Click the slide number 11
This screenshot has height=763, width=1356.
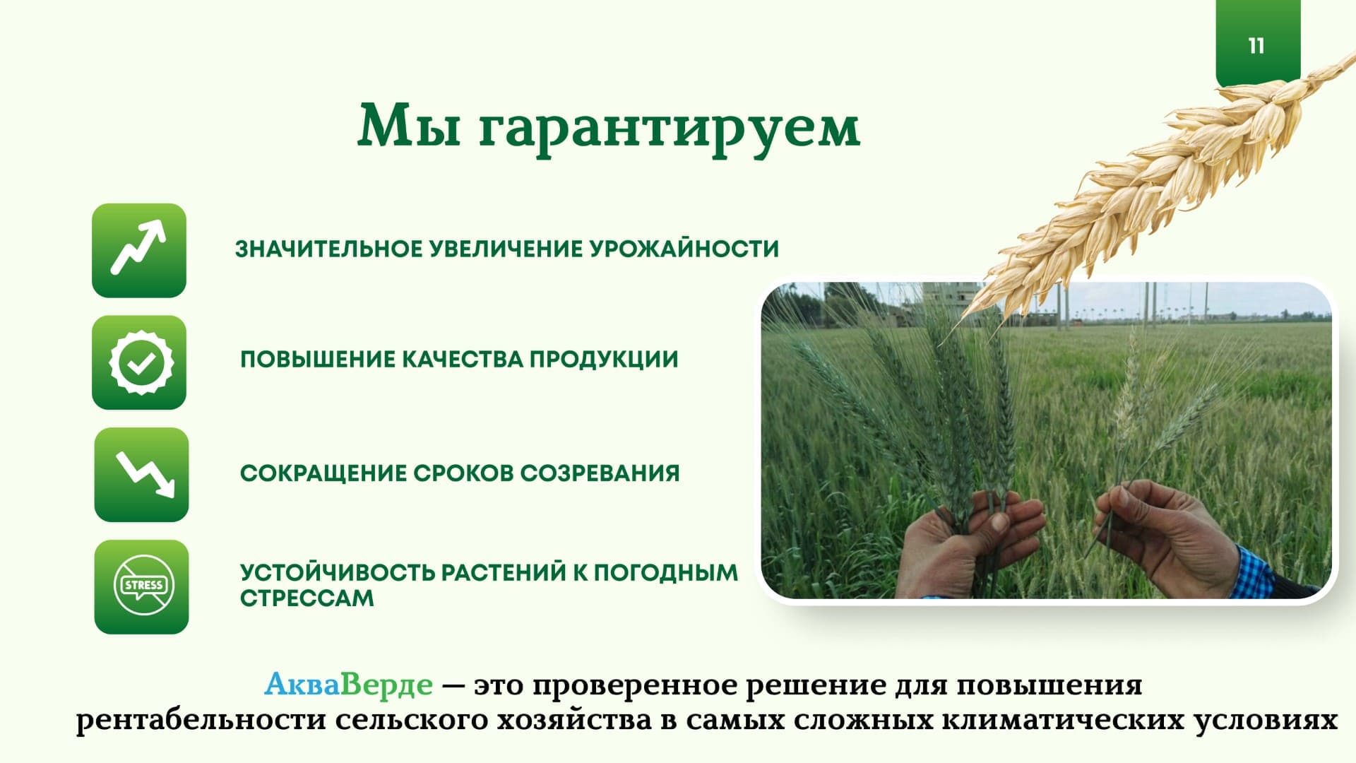(x=1256, y=46)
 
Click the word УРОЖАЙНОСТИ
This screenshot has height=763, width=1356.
(x=684, y=249)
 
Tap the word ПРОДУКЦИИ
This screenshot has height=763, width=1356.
(x=604, y=360)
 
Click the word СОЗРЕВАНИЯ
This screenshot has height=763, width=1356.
(x=600, y=473)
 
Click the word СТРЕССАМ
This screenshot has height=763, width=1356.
(x=307, y=598)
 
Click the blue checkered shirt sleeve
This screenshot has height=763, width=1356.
(x=1256, y=572)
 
